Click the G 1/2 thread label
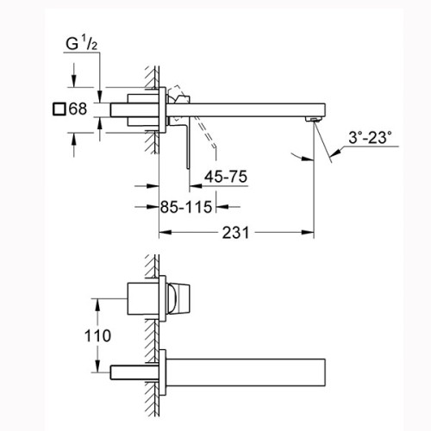click(x=82, y=44)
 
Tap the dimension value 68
click(x=78, y=109)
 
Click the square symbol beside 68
click(x=59, y=109)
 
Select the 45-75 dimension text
click(x=226, y=177)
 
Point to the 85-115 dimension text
click(x=186, y=207)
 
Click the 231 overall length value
click(x=235, y=233)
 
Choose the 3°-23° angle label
click(x=370, y=137)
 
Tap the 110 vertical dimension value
click(x=97, y=335)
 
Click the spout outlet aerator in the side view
click(x=313, y=119)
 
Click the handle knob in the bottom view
click(x=178, y=298)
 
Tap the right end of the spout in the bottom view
click(x=325, y=372)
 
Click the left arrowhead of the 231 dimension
click(x=166, y=233)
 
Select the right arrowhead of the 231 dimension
click(x=308, y=233)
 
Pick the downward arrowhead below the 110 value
click(x=97, y=366)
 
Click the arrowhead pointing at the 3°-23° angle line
click(x=335, y=153)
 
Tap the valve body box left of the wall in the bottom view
click(x=143, y=298)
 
